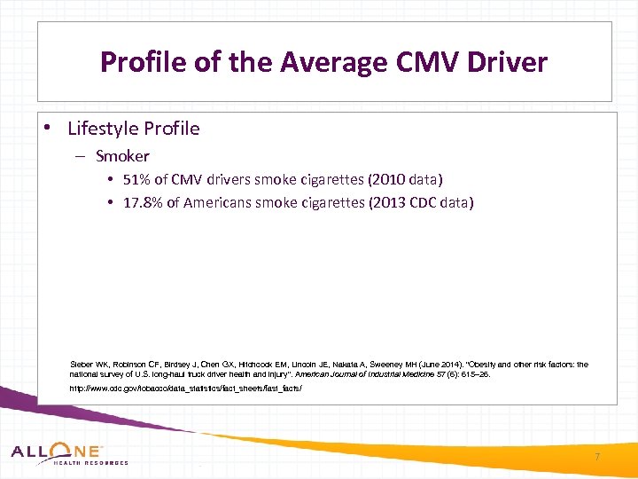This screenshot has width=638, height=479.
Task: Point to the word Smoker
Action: pos(122,156)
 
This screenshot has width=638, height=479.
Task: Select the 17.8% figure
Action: pos(143,203)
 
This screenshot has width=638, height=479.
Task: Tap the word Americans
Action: pos(217,203)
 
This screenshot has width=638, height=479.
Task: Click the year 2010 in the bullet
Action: pos(375,179)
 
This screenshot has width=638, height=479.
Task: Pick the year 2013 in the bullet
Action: pos(384,203)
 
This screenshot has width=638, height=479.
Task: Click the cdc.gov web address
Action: pos(185,389)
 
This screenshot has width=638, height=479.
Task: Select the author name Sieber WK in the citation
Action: pos(89,365)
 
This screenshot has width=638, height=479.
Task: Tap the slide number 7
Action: pos(597,457)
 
